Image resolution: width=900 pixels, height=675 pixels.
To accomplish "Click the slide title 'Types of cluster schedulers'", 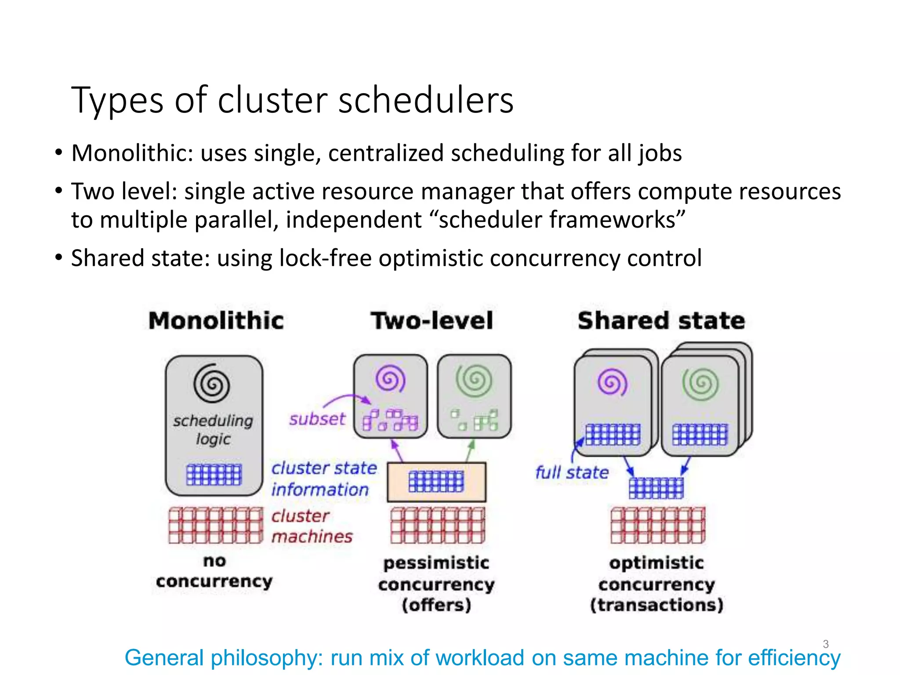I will (x=292, y=100).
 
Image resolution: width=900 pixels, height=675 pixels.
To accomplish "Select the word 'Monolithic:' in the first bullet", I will (x=132, y=153).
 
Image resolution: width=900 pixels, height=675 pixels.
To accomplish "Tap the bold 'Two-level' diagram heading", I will (x=432, y=320).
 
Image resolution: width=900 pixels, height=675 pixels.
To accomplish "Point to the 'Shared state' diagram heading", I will (x=661, y=320).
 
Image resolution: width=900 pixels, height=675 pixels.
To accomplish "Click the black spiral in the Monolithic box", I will (x=212, y=384).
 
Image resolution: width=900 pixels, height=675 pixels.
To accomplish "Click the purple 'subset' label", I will (x=317, y=419).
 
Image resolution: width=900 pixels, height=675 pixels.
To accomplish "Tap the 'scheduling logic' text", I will (x=213, y=429).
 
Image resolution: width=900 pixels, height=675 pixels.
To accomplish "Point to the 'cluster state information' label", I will (x=323, y=479).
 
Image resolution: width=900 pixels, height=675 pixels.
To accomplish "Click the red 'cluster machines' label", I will (x=311, y=526).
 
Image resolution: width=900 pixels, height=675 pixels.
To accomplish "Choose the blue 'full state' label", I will (x=572, y=472).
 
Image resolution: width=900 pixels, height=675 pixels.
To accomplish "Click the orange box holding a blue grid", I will (x=436, y=482).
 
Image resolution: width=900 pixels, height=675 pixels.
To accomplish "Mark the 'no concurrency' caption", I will (x=214, y=571).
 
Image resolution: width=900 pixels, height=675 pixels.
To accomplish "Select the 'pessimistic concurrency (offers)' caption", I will (x=436, y=584).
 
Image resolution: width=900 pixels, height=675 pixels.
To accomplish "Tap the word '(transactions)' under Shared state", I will (x=657, y=605).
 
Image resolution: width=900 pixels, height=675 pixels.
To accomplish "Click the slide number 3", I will (x=825, y=644).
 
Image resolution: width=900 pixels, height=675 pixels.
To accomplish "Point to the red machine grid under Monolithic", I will (x=215, y=525).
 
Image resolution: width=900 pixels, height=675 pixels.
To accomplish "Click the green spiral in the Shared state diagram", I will (x=700, y=384).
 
